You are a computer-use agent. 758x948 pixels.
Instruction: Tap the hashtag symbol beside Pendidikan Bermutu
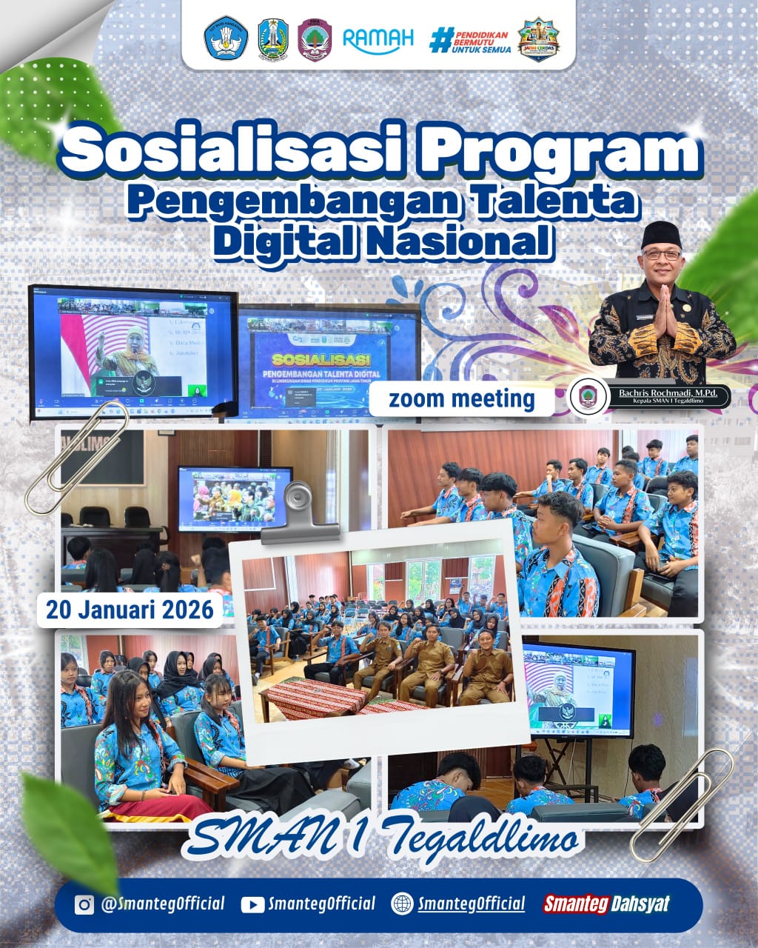click(440, 39)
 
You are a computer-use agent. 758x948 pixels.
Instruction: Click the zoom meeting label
click(462, 399)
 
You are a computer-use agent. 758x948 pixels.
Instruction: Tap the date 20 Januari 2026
click(130, 610)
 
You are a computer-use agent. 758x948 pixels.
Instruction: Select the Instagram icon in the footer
click(84, 904)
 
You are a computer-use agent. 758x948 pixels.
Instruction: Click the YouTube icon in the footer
click(252, 904)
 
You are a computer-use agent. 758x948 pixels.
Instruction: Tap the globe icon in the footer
click(402, 904)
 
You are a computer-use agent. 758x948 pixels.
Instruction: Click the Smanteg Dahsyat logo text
click(606, 904)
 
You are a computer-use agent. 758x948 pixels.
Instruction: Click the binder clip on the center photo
click(300, 511)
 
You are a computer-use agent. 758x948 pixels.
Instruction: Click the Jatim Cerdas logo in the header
click(538, 39)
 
